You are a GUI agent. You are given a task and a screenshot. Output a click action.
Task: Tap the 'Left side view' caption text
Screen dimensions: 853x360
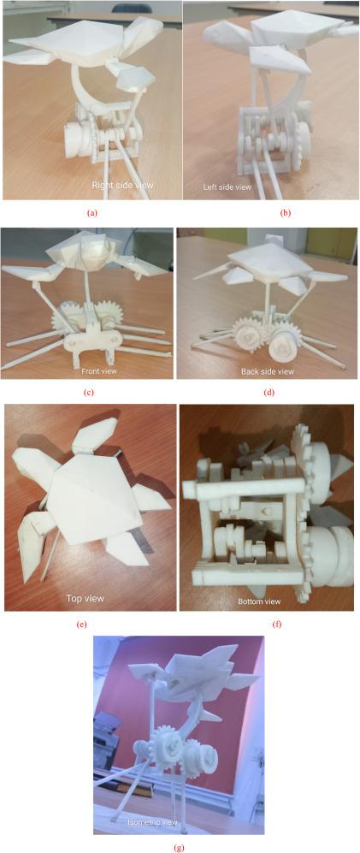pos(227,186)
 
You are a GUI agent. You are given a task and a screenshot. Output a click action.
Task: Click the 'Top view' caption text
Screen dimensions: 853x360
pos(84,598)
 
